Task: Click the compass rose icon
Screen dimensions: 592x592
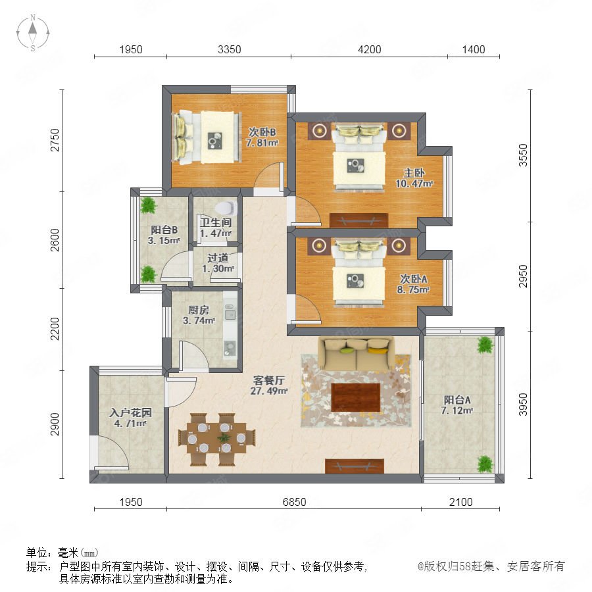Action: (33, 32)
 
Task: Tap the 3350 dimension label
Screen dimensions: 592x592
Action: (229, 49)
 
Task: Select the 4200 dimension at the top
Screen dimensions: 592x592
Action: (369, 49)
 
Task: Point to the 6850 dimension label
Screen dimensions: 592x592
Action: (294, 502)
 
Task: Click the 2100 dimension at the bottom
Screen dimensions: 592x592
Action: (460, 502)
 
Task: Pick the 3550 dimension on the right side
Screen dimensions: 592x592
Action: (523, 155)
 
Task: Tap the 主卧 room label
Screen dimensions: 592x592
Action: (414, 173)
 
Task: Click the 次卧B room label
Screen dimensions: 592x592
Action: (262, 132)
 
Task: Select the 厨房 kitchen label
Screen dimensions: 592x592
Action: (199, 310)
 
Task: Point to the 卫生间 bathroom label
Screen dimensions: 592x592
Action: (216, 222)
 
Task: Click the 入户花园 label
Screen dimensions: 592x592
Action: (130, 412)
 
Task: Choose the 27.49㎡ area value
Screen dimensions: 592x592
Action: (269, 391)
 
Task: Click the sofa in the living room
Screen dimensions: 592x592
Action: (356, 353)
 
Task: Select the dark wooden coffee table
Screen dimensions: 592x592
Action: (356, 397)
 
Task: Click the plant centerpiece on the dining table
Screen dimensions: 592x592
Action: (224, 438)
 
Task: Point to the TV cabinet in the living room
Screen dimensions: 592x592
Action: (355, 466)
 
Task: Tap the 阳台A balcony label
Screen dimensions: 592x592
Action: (457, 399)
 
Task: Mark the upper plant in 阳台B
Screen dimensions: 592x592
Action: (148, 206)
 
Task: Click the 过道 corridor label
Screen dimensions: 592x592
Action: (218, 258)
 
